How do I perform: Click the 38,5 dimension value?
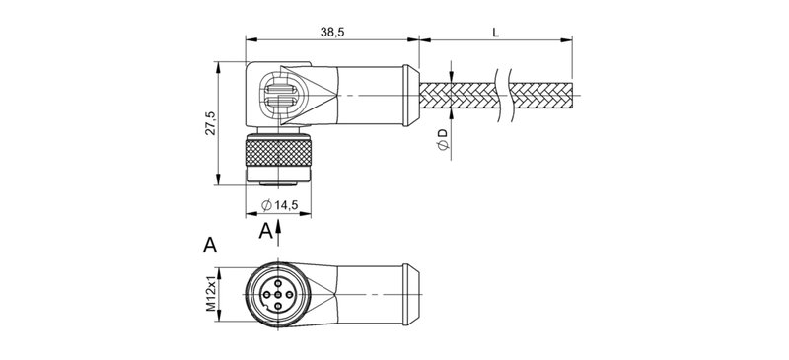pyautogui.click(x=331, y=32)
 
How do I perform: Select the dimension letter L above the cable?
pyautogui.click(x=495, y=32)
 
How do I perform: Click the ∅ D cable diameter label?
pyautogui.click(x=443, y=140)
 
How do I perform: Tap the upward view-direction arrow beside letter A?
pyautogui.click(x=281, y=231)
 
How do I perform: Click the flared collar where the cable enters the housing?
pyautogui.click(x=410, y=96)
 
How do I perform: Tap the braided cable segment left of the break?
pyautogui.click(x=461, y=96)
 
